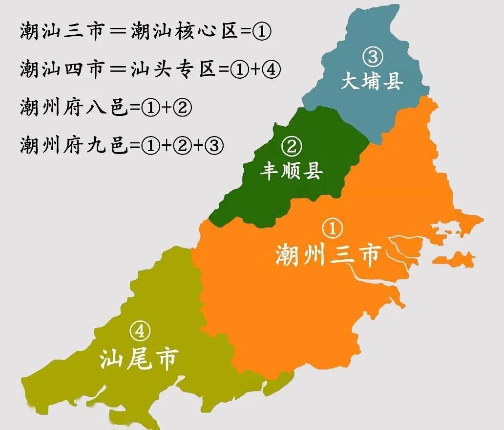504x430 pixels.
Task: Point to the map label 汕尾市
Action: [x=139, y=359]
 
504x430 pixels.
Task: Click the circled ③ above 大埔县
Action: [x=372, y=57]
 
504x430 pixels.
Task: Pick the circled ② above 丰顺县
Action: [x=292, y=146]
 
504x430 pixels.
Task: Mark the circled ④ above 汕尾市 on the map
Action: [x=140, y=332]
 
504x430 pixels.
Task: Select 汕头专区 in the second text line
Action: [x=173, y=69]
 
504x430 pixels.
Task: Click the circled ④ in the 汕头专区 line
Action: [x=271, y=69]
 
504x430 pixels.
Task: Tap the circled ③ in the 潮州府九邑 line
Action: [x=215, y=145]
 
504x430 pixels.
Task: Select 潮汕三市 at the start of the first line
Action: [x=62, y=32]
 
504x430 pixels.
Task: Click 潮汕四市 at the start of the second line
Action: [x=62, y=69]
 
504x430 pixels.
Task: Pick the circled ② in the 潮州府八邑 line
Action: [x=182, y=107]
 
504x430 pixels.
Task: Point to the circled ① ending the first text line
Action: [x=262, y=32]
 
